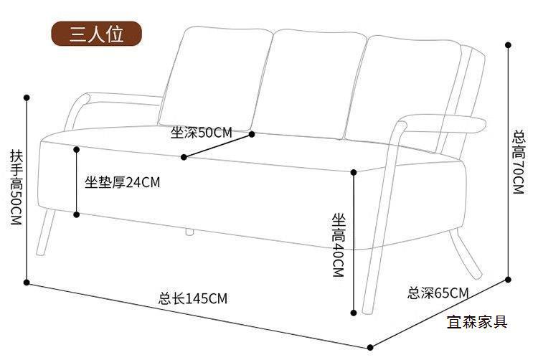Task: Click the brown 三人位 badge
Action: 96,34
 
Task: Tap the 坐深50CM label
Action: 202,133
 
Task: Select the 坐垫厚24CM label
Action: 123,182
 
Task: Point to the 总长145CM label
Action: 193,299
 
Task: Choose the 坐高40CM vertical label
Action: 338,244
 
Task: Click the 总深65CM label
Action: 438,293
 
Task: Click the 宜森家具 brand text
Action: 477,321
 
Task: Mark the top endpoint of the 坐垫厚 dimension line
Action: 77,149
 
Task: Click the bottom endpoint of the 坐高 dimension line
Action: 354,313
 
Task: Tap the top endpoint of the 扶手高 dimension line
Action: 27,97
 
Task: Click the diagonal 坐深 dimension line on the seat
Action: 218,146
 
